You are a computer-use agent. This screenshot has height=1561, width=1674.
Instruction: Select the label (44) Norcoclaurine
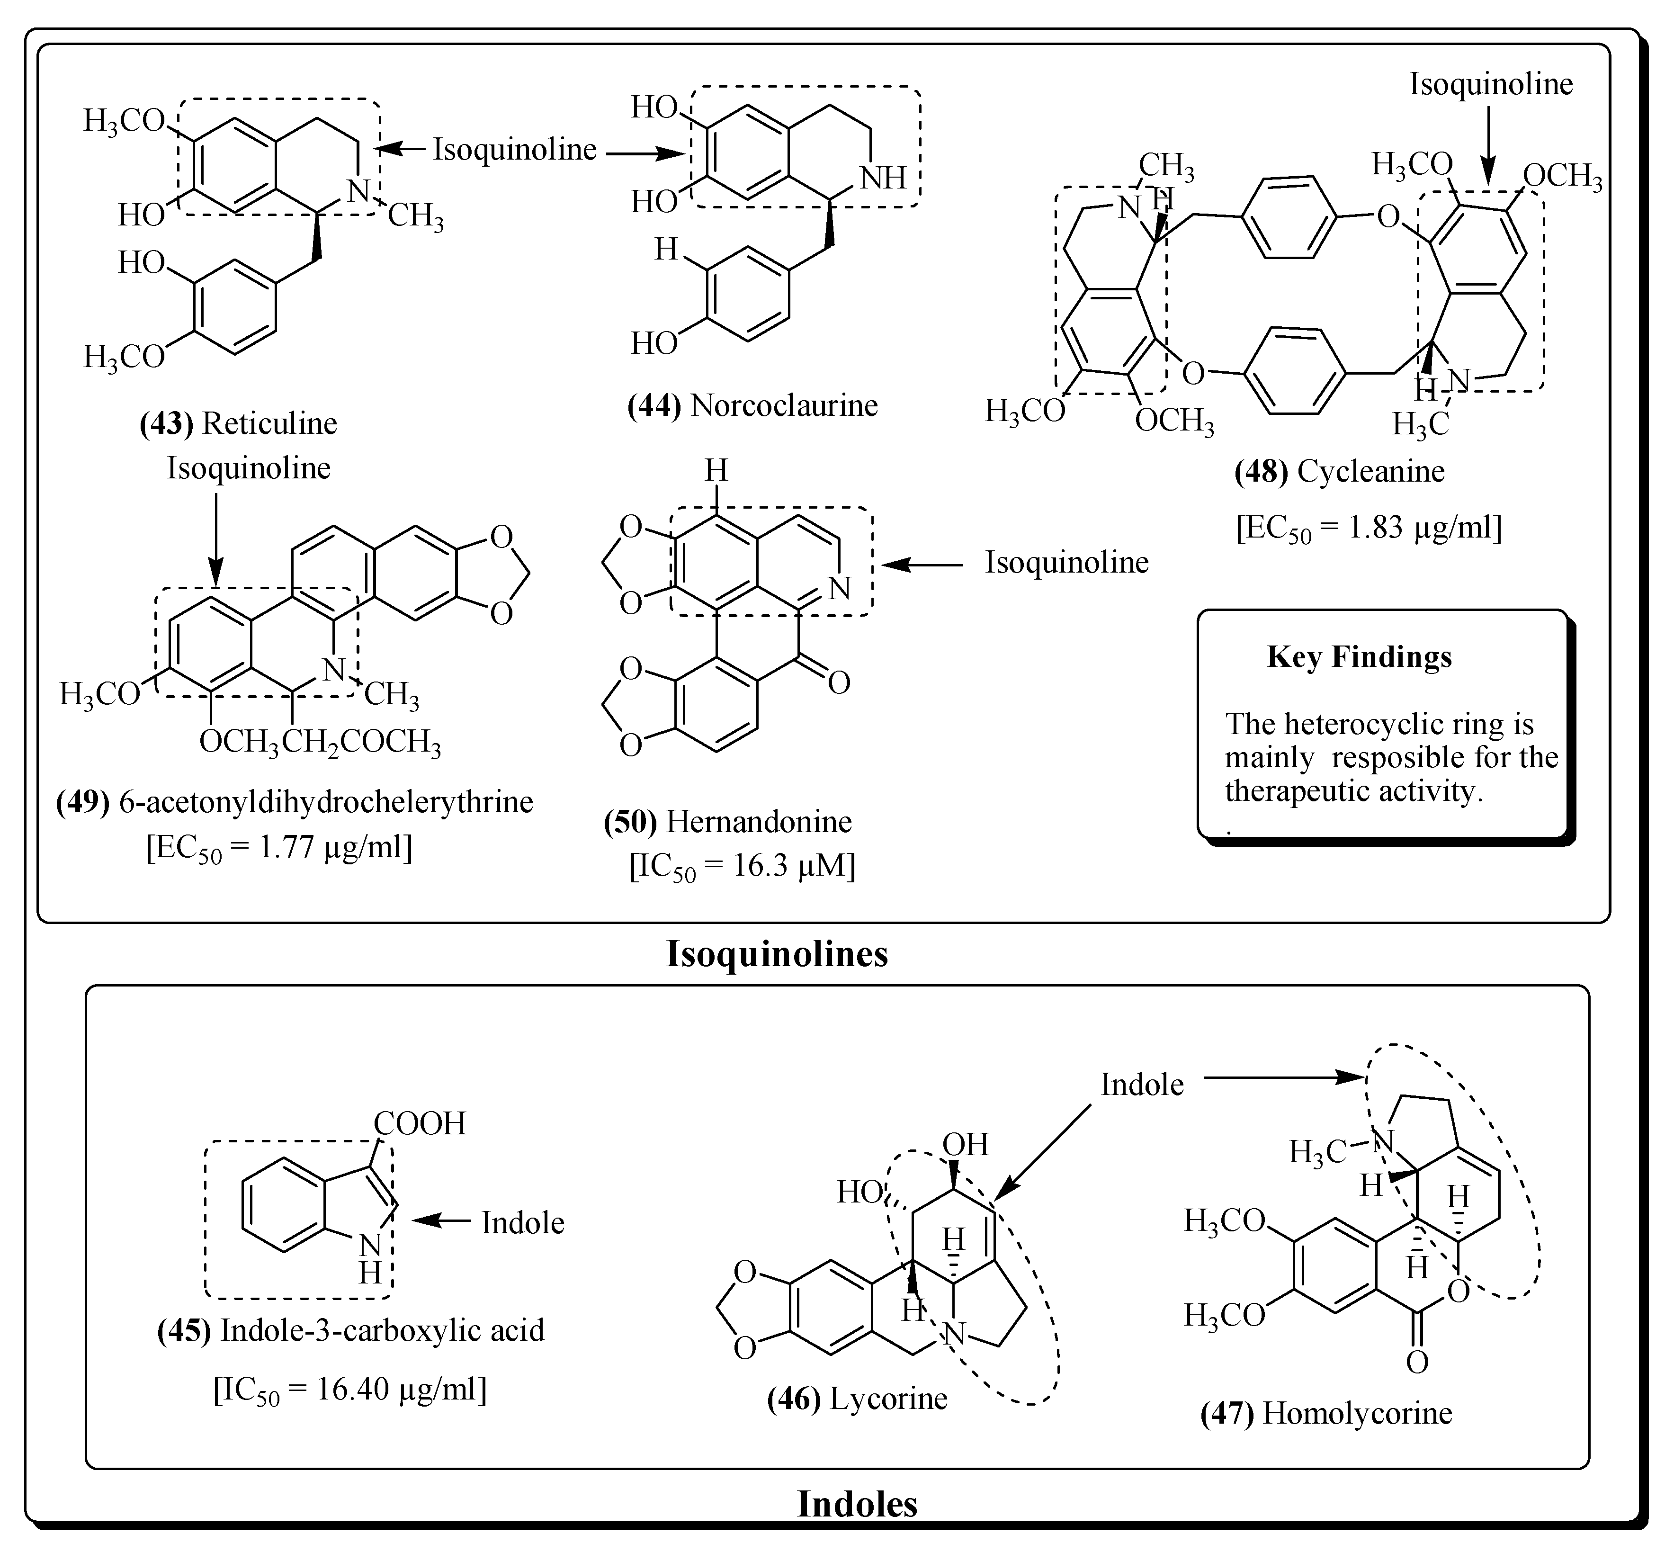[752, 406]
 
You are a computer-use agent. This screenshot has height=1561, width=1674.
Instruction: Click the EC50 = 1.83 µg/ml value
[1369, 528]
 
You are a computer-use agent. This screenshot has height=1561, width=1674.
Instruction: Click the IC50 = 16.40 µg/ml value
[349, 1389]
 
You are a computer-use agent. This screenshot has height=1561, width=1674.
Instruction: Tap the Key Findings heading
[1359, 657]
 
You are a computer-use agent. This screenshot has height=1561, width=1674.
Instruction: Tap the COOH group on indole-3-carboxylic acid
[420, 1123]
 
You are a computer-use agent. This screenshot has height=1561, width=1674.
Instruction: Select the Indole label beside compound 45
[522, 1222]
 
